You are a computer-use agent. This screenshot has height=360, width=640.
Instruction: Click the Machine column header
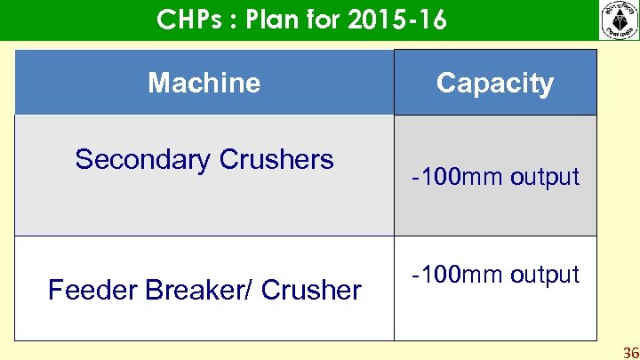204,83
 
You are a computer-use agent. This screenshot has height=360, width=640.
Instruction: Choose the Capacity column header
495,83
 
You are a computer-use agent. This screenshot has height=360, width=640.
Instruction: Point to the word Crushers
276,160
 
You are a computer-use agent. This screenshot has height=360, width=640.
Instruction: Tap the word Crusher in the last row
312,290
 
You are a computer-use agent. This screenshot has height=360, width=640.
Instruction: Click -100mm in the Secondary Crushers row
454,177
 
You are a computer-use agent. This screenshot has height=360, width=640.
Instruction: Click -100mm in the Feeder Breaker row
454,275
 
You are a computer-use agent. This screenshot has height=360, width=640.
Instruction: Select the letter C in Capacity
446,83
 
